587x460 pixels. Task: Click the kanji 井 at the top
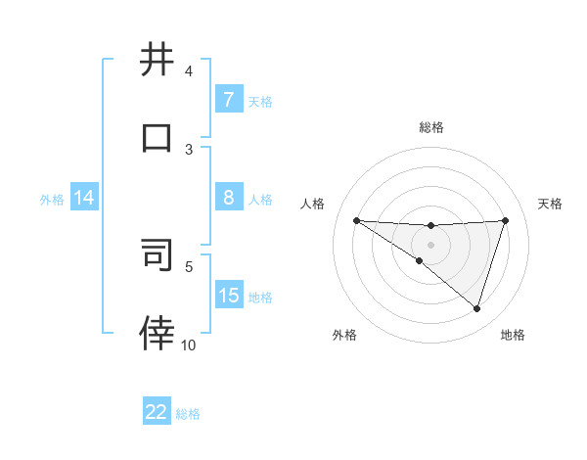point(158,61)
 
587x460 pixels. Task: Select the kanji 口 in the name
point(158,138)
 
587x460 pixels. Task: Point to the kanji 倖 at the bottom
point(158,333)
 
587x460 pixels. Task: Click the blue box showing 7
point(228,99)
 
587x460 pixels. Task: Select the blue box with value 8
point(228,198)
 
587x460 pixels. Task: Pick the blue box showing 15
point(228,295)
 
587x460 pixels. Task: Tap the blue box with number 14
point(83,198)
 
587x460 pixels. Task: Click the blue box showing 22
point(157,412)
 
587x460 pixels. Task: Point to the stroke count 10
point(189,345)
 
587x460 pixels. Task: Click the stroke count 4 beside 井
point(189,71)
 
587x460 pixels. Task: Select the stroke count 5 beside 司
point(189,265)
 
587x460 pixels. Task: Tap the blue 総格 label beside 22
point(188,414)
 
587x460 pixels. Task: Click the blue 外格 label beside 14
point(52,199)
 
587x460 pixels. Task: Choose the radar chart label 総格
point(431,127)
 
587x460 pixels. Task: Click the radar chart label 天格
point(551,204)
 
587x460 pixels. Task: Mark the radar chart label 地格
point(513,335)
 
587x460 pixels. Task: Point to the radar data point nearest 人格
point(357,220)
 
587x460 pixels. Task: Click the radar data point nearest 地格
point(476,308)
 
